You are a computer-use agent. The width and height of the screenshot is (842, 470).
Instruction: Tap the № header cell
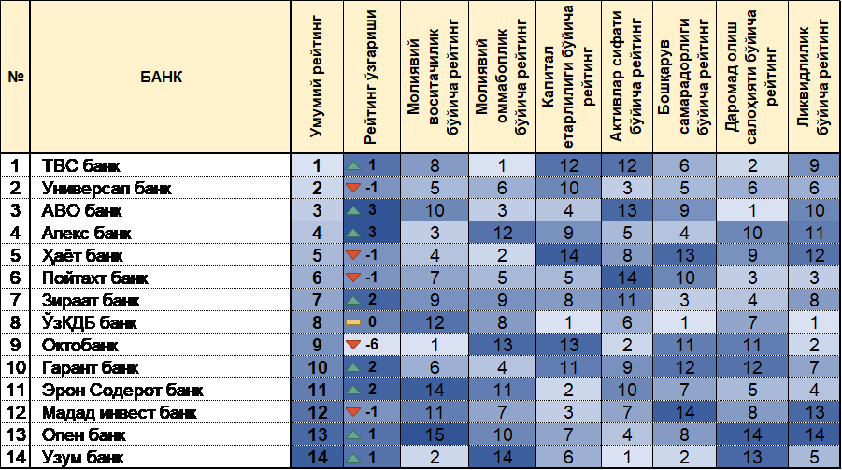(15, 77)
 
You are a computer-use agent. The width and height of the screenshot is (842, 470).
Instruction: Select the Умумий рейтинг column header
(317, 77)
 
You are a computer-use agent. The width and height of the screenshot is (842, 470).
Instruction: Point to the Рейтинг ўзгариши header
(370, 77)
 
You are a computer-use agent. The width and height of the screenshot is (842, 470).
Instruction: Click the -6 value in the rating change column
(372, 344)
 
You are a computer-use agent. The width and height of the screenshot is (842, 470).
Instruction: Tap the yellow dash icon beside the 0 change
(353, 322)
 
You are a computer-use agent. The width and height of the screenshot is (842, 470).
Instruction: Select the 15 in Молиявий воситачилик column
(435, 434)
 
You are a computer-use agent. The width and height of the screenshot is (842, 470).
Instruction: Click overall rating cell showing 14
(317, 456)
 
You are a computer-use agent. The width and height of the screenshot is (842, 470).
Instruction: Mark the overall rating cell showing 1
(317, 166)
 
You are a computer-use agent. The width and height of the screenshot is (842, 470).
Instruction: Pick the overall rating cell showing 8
(317, 322)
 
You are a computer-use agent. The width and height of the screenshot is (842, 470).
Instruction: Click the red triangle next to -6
(352, 344)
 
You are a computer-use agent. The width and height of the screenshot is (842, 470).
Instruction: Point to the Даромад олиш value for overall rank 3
(752, 210)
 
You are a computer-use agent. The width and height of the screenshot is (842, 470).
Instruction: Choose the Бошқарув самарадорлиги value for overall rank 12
(686, 411)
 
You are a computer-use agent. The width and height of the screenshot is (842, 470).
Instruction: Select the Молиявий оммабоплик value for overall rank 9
(502, 344)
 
